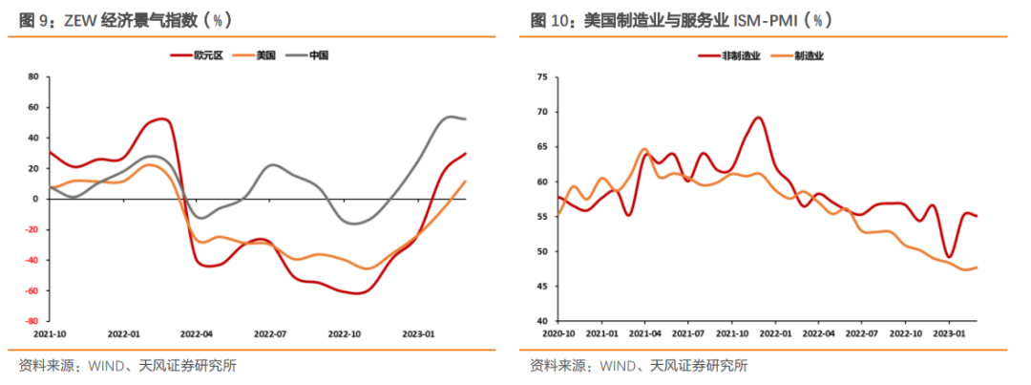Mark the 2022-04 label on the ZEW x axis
(197, 334)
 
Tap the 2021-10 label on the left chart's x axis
(49, 334)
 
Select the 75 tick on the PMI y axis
(543, 76)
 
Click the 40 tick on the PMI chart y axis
(543, 321)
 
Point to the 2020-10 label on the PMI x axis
(558, 334)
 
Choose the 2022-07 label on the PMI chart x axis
(862, 334)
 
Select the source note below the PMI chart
(639, 365)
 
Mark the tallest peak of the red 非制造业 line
(758, 118)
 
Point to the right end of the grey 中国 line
(466, 118)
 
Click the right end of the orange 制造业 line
(977, 267)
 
